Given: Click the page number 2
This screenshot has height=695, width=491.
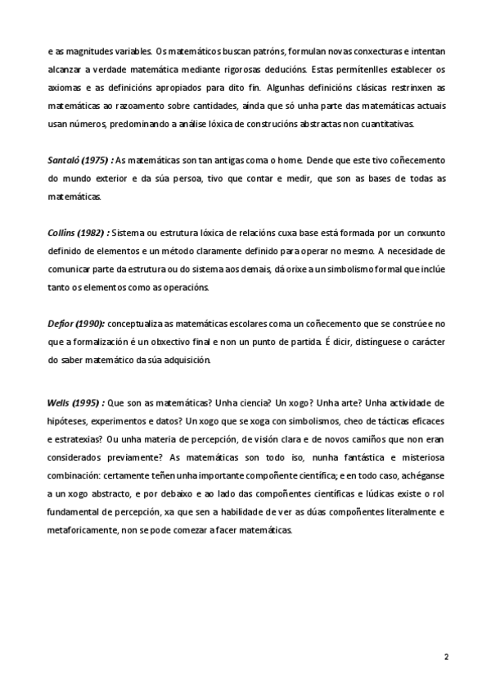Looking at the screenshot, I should pos(446,657).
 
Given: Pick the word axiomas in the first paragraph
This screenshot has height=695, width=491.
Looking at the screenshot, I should pos(62,89).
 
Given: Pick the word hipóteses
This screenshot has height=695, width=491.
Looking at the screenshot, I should pos(67,420).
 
